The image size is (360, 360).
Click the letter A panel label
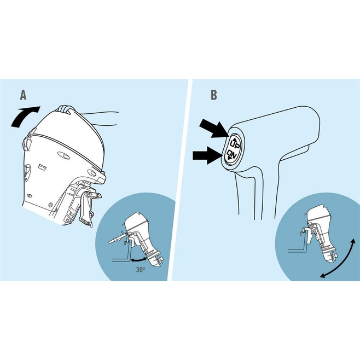coord(23,95)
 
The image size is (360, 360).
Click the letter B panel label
coord(214,95)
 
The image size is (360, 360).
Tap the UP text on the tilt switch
coord(235,144)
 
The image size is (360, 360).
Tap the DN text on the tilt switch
coord(231,154)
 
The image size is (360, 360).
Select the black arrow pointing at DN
coord(208,155)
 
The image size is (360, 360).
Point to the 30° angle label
coord(141,270)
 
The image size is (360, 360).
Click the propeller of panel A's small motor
coord(159,260)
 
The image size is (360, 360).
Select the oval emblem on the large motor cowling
coord(63,156)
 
